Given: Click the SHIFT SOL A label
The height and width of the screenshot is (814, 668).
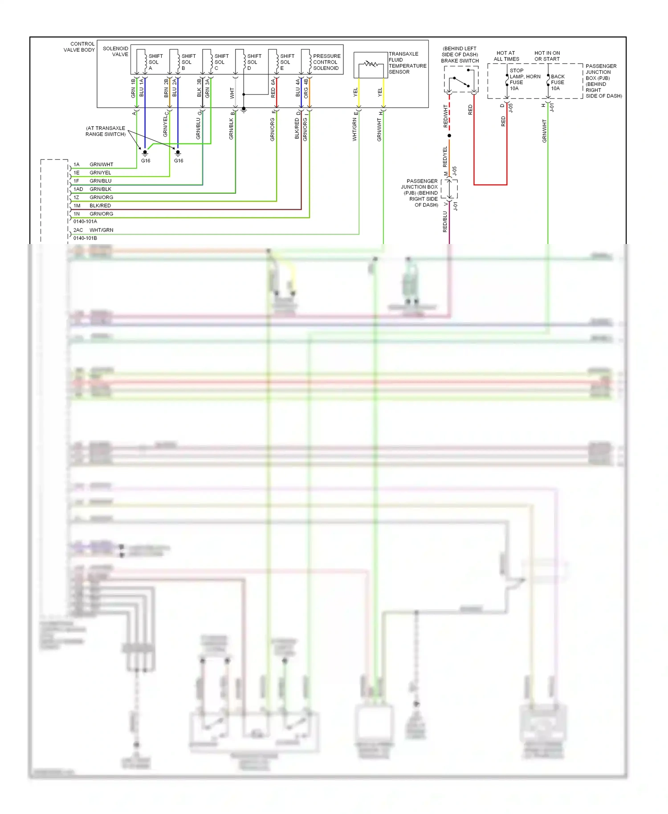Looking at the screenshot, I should coord(155,62).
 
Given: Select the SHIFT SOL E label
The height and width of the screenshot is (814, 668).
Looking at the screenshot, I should coord(287,62).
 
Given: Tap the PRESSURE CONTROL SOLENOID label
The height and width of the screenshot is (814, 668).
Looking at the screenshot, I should coord(326,62).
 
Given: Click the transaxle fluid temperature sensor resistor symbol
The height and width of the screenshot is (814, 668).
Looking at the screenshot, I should coord(371,65).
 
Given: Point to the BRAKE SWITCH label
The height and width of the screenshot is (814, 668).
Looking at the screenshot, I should coord(460,61).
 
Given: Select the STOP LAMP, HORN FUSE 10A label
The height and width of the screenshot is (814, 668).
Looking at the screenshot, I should coord(524,79).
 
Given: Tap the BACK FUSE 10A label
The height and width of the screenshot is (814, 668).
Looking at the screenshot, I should coord(558,82).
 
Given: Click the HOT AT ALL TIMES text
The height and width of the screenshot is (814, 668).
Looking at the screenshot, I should coord(506,56).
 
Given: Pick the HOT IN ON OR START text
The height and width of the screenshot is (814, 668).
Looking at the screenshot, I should coord(547,56).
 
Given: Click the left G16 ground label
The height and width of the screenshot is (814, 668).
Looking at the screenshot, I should coord(146,161).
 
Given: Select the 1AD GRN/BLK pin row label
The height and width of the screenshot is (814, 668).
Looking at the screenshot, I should coord(93,189).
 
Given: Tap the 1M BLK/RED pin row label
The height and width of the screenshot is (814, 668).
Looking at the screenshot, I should coord(92,206).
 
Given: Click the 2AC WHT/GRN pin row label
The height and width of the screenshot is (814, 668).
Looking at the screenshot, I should coord(93,230).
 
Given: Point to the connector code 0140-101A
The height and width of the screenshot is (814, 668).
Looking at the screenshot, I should coord(85,221).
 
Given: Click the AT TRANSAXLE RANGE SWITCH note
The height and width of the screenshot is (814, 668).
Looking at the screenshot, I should coord(106,131).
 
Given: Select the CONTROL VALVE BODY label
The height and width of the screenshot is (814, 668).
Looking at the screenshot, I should coord(79,47).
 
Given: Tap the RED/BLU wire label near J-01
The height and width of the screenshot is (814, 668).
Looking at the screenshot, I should coord(445,221).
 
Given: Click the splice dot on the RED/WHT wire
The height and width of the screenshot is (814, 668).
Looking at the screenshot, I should coord(449,135).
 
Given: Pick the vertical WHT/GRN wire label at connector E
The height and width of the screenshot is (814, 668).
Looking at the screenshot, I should coord(355,130).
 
